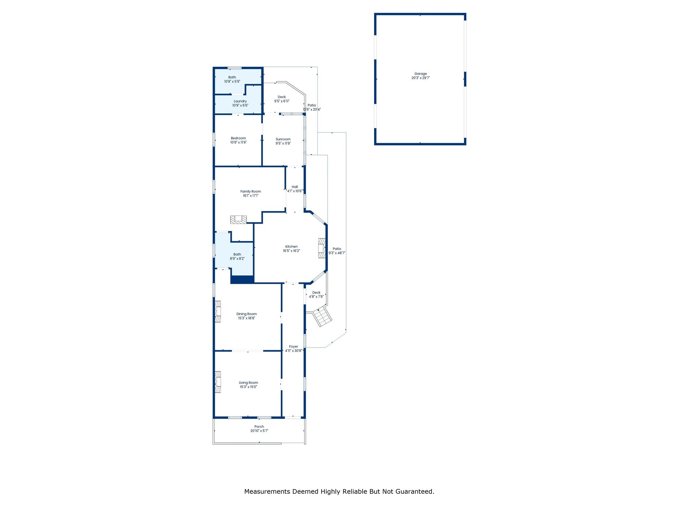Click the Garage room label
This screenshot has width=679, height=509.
point(421,74)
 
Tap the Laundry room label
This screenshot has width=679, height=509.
point(240,101)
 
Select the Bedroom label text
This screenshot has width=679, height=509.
point(238,138)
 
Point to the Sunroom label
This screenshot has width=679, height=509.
point(283,139)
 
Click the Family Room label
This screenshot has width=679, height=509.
point(251,191)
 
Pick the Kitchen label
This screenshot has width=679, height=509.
point(292,247)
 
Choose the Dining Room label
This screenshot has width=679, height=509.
point(247,314)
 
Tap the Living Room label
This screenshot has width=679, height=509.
point(249,383)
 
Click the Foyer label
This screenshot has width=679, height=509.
point(294,346)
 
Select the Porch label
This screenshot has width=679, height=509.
point(259,427)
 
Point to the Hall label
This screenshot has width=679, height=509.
point(295,187)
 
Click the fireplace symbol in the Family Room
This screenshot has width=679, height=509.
point(238,220)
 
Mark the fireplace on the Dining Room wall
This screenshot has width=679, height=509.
point(218,312)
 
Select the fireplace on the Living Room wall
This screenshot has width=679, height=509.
point(218,382)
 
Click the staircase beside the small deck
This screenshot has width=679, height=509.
point(322,317)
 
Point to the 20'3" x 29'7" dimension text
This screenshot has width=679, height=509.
point(421,78)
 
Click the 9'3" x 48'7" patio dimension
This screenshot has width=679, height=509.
point(337,253)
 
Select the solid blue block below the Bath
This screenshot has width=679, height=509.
point(242,280)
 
